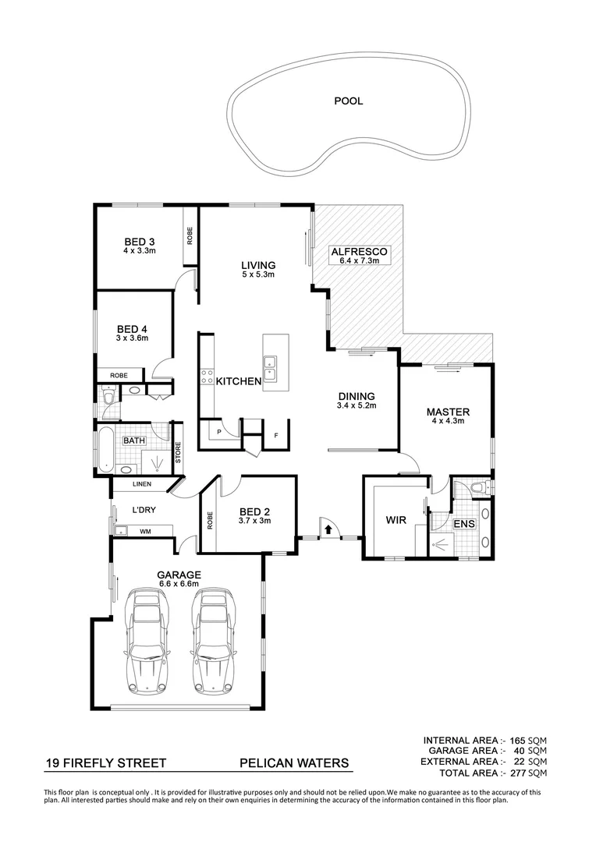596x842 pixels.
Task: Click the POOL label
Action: click(x=348, y=101)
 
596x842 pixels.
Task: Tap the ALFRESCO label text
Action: click(x=359, y=252)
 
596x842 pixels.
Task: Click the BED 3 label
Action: click(x=140, y=241)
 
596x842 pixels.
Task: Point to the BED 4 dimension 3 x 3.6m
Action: click(x=132, y=338)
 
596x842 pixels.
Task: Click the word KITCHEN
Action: click(x=238, y=381)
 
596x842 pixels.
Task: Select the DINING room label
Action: click(x=356, y=396)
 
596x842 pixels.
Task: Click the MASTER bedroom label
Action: click(x=447, y=412)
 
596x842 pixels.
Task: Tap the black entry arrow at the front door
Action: click(x=328, y=530)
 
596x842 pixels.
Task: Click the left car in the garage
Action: click(x=147, y=636)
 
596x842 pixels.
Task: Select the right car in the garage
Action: click(x=211, y=636)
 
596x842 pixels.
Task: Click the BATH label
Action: click(x=135, y=441)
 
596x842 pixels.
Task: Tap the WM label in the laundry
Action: click(x=144, y=532)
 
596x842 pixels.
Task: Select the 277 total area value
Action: click(x=516, y=773)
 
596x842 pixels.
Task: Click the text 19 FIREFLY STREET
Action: click(x=105, y=764)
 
